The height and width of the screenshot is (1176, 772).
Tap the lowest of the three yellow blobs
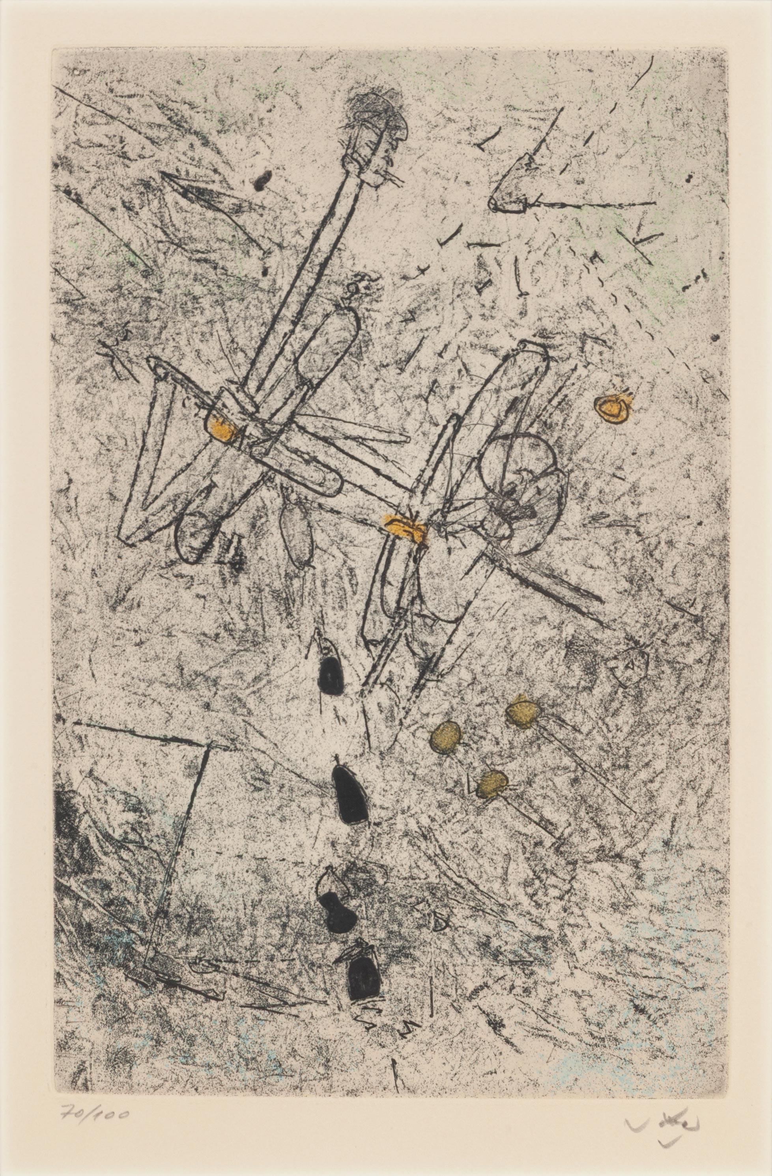(492, 784)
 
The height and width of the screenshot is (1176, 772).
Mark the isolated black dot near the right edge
(715, 338)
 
